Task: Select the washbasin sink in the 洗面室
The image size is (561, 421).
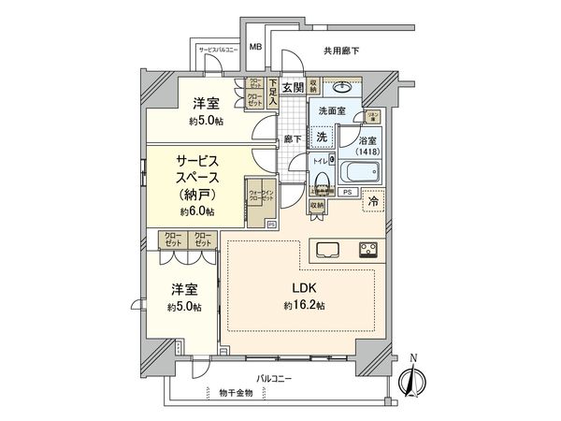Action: coord(340,90)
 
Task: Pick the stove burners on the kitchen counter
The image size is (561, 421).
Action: coord(367,249)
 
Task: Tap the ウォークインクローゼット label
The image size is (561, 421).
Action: coord(261,197)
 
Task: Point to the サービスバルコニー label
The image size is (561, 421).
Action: coord(217,48)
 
